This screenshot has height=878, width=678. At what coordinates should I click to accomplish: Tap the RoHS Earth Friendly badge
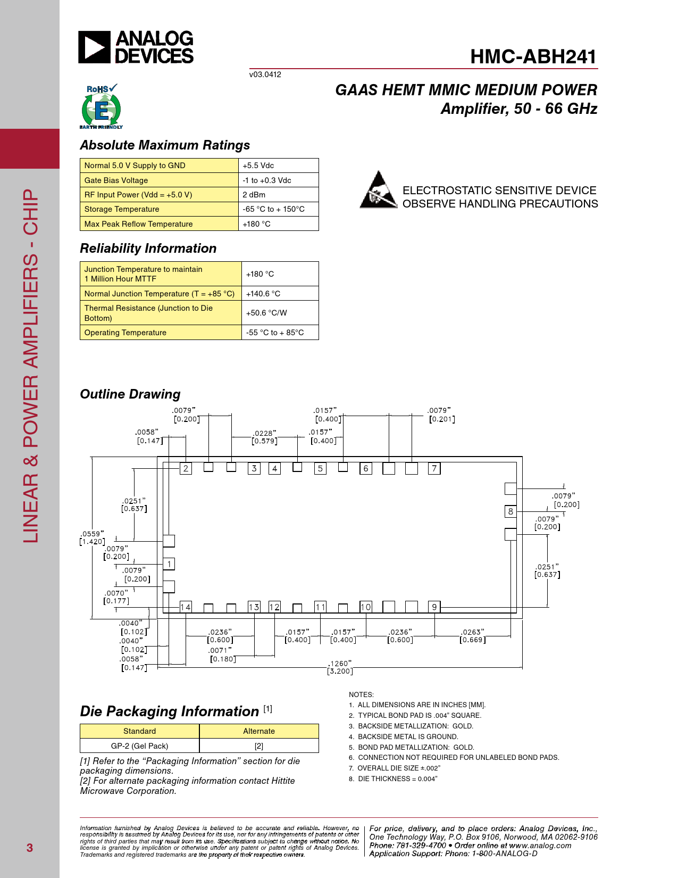pyautogui.click(x=101, y=107)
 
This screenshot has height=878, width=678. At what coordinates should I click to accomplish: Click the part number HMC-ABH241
pyautogui.click(x=533, y=57)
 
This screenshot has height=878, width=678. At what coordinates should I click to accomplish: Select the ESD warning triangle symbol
pyautogui.click(x=378, y=190)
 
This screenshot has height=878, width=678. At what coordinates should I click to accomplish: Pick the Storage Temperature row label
pyautogui.click(x=122, y=209)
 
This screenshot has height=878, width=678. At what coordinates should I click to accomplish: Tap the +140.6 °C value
pyautogui.click(x=263, y=294)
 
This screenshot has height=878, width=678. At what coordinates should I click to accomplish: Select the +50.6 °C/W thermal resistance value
pyautogui.click(x=266, y=313)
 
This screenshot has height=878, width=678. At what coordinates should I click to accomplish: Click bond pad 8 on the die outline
pyautogui.click(x=510, y=511)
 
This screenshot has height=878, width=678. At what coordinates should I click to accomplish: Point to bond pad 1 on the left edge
pyautogui.click(x=169, y=564)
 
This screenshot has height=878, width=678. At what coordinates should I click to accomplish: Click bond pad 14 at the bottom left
pyautogui.click(x=185, y=607)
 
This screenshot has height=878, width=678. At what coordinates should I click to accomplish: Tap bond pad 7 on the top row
pyautogui.click(x=434, y=469)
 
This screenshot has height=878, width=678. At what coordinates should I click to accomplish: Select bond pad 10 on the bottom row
pyautogui.click(x=366, y=607)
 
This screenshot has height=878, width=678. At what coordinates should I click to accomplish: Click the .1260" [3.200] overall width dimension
pyautogui.click(x=340, y=667)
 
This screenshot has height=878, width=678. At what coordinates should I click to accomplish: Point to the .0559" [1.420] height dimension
pyautogui.click(x=92, y=538)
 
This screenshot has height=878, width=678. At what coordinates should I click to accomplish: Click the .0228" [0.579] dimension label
pyautogui.click(x=264, y=437)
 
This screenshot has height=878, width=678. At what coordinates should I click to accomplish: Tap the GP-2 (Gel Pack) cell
pyautogui.click(x=139, y=746)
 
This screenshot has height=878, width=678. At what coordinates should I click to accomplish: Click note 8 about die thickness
pyautogui.click(x=393, y=779)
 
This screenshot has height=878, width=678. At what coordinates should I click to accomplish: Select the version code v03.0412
pyautogui.click(x=265, y=74)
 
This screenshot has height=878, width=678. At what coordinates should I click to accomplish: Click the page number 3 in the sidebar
pyautogui.click(x=30, y=848)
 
